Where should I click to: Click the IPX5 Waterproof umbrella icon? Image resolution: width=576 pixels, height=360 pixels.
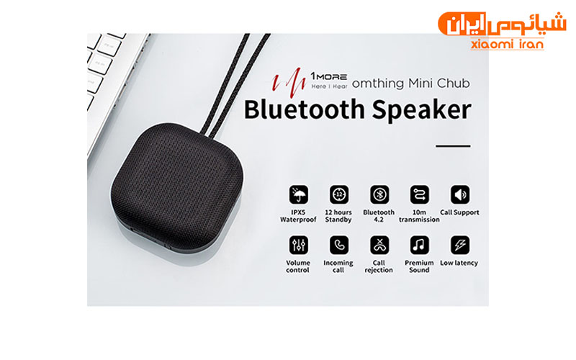coord(299,194)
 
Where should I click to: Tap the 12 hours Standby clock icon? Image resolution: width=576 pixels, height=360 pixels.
coord(338,194)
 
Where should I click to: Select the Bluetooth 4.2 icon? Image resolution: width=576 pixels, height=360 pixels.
coord(379,194)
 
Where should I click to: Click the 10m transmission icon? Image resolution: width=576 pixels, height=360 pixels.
coord(420,194)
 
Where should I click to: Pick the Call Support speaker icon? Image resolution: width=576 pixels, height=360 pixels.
coord(460,194)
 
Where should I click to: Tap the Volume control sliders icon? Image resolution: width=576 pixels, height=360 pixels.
coord(299,245)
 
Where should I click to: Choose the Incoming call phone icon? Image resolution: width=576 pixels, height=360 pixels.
coord(338,245)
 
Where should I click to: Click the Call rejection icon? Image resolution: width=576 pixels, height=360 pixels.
coord(379,245)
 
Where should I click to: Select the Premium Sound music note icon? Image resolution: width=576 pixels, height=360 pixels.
coord(420,245)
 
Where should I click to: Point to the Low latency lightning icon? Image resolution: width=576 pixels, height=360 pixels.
coord(460,245)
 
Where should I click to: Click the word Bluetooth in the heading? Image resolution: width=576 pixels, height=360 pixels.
coord(305,109)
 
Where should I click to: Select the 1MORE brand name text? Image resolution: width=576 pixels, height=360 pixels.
coord(329,76)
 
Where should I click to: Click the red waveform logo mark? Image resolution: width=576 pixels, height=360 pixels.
coord(289,82)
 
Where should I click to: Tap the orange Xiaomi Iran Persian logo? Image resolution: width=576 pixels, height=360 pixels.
coord(502,24)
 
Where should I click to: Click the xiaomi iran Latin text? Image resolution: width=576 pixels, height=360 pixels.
coord(507,44)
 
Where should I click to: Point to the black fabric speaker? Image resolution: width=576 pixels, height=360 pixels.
coord(176,186)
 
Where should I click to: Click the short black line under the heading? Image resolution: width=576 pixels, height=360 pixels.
coord(453,146)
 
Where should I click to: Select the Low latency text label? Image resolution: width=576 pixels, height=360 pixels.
coord(459,263)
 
